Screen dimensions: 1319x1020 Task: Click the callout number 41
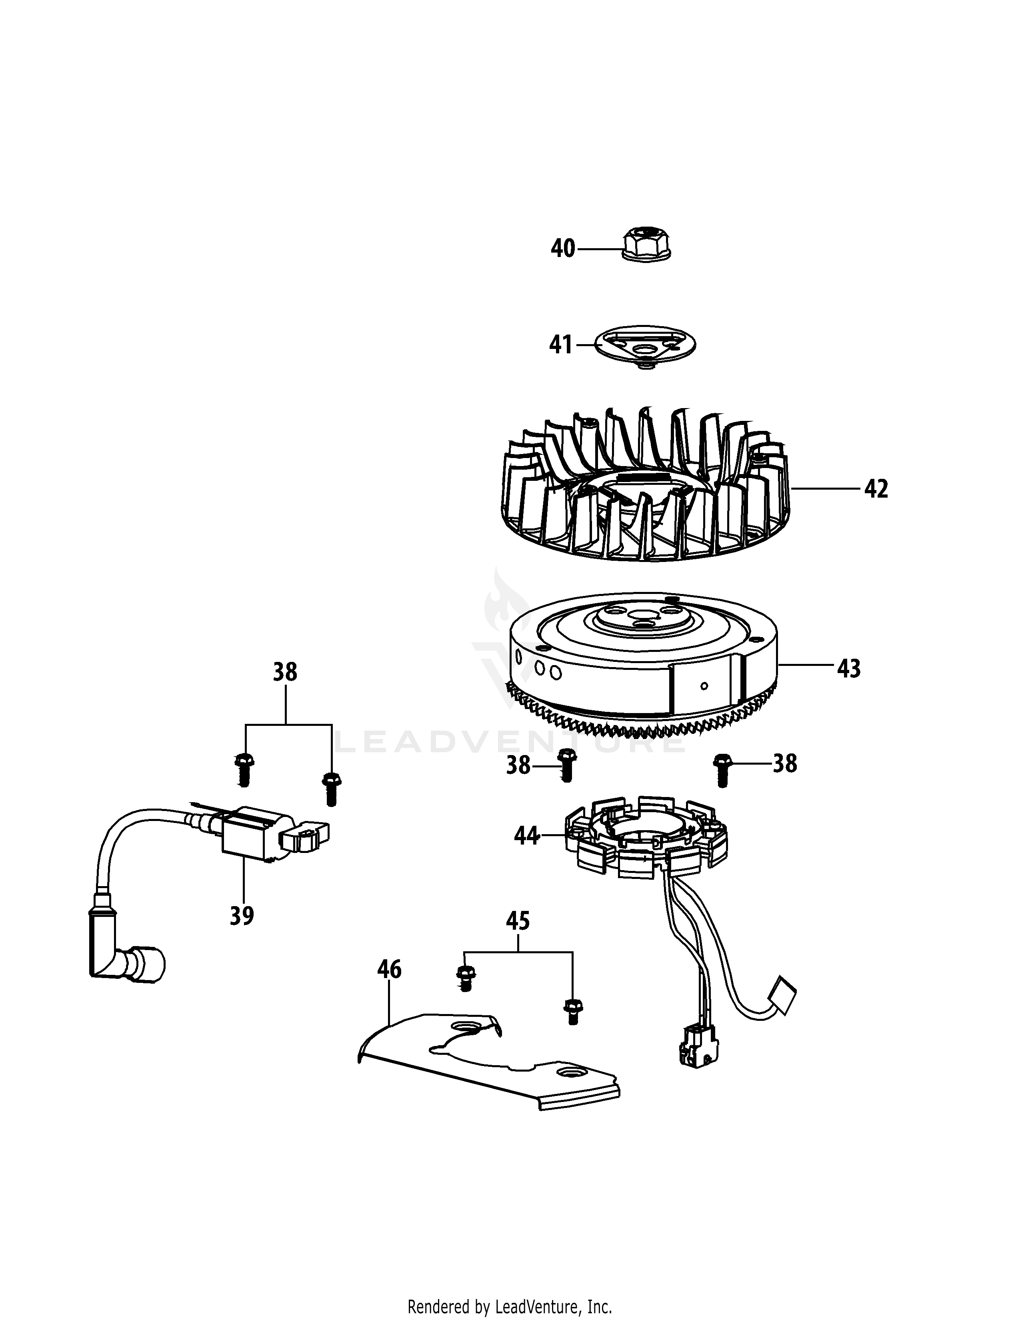(560, 345)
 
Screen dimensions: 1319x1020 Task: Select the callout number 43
(849, 669)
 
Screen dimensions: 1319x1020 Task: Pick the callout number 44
(526, 836)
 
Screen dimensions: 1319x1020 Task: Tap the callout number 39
(242, 916)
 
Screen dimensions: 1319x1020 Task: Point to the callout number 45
(518, 921)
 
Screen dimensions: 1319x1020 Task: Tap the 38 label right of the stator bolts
(785, 764)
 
